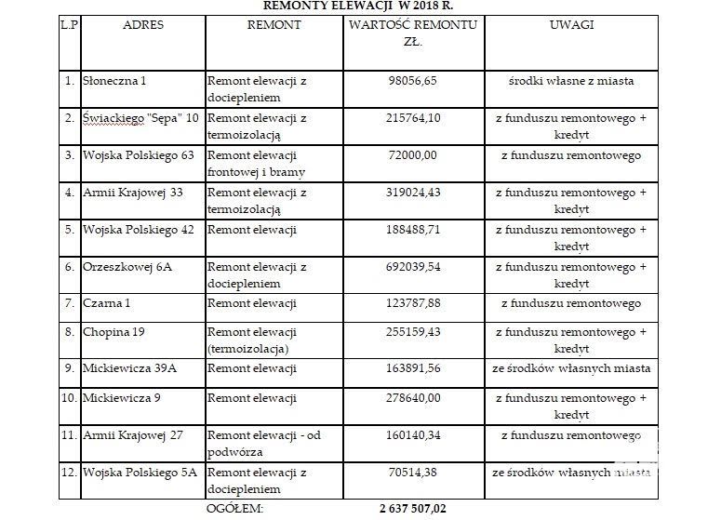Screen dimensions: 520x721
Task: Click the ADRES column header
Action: (x=142, y=25)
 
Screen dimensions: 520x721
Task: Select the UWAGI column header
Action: (x=572, y=25)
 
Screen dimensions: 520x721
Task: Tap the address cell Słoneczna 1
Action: (x=115, y=80)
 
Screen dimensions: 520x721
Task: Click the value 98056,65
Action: (x=413, y=80)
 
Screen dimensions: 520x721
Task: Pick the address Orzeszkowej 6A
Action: (x=127, y=266)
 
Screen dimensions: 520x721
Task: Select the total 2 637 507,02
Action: (x=413, y=509)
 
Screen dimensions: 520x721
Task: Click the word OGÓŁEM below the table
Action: (x=234, y=509)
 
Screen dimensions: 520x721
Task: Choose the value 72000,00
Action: (x=413, y=154)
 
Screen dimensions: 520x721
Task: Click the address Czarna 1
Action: (x=110, y=303)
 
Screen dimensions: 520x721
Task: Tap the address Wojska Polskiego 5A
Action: (x=140, y=472)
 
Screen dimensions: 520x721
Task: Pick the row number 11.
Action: (x=67, y=434)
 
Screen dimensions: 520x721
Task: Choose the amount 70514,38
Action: (x=413, y=472)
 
